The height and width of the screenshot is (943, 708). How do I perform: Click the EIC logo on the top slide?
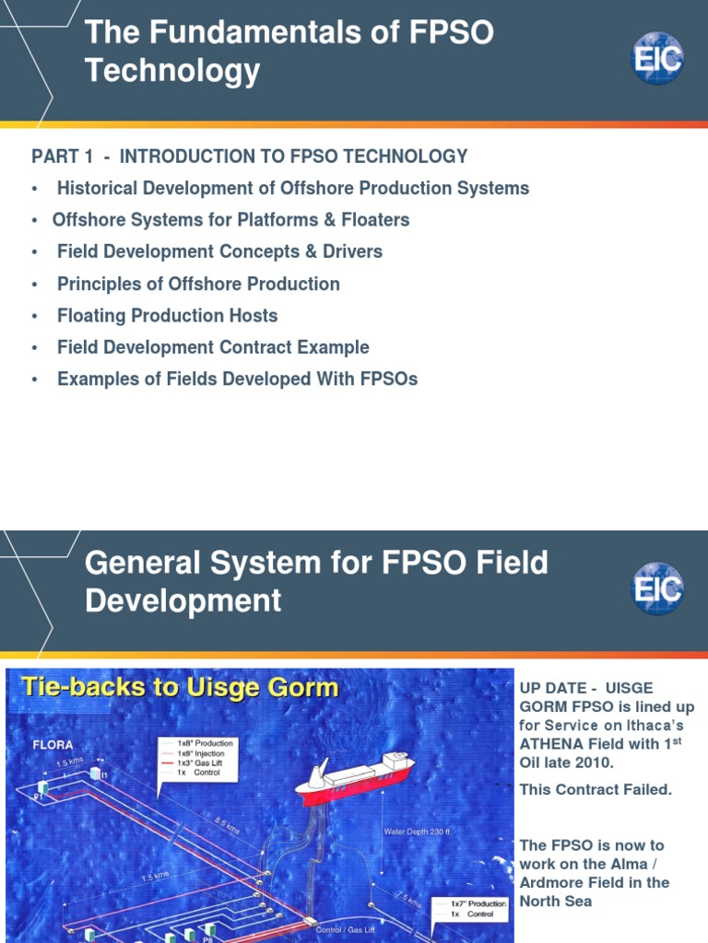[657, 58]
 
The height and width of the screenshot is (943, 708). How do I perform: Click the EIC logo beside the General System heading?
[657, 588]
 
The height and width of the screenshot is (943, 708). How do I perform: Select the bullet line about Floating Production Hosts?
[167, 316]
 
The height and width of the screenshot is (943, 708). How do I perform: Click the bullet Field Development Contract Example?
[213, 347]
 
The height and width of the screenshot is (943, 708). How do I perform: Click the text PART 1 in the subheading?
[61, 157]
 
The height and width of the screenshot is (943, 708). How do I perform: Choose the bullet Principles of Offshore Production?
[198, 284]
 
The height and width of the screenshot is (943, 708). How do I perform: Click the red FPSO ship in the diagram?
[355, 774]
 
